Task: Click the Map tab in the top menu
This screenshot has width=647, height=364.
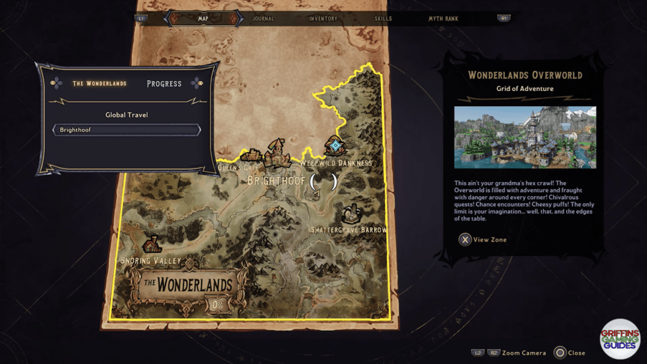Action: point(203,18)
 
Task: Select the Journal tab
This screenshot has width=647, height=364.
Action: point(263,19)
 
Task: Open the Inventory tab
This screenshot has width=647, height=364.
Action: point(323,19)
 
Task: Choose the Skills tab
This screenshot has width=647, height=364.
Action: point(383,19)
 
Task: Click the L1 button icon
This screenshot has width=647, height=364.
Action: point(141,18)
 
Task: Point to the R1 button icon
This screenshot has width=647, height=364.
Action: point(504,18)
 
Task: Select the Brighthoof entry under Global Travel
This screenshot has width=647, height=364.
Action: point(126,130)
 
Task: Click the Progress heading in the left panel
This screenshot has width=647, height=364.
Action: point(164,83)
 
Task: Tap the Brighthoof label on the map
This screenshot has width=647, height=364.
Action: point(275,181)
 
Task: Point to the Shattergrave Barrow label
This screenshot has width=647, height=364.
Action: point(349,229)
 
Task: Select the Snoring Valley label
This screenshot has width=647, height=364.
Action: point(150,260)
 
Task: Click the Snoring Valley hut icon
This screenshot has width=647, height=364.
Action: point(152,244)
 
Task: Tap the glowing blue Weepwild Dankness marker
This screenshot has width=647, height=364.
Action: point(335,146)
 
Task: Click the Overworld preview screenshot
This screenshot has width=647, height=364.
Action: point(525,137)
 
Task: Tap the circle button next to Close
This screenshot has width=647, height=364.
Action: point(559,353)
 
